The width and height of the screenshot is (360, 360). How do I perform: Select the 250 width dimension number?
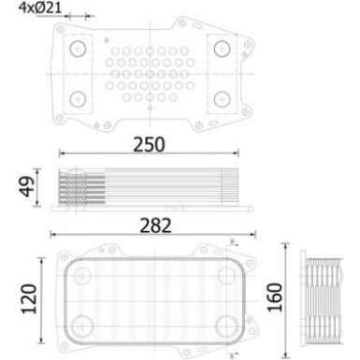point(148,144)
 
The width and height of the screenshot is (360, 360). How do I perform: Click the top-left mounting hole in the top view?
point(78,50)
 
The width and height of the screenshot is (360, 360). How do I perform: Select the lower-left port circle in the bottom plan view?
point(84,325)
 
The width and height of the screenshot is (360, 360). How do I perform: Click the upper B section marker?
point(230,245)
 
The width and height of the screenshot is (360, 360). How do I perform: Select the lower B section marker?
point(230,353)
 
